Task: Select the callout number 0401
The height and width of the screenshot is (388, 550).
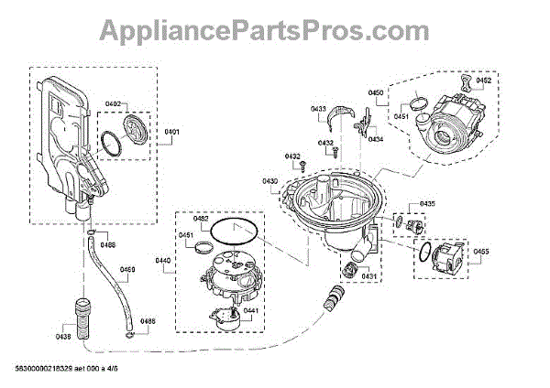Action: (x=172, y=133)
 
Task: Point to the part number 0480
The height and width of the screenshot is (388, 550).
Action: (x=128, y=270)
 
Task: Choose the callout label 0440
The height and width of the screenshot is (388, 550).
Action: (x=164, y=261)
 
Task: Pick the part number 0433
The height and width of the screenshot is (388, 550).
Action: (x=319, y=110)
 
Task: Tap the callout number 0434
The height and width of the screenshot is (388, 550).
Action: (x=376, y=139)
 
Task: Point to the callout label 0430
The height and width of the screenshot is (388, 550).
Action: (x=270, y=182)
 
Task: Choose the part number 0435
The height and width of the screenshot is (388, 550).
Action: (x=427, y=203)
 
